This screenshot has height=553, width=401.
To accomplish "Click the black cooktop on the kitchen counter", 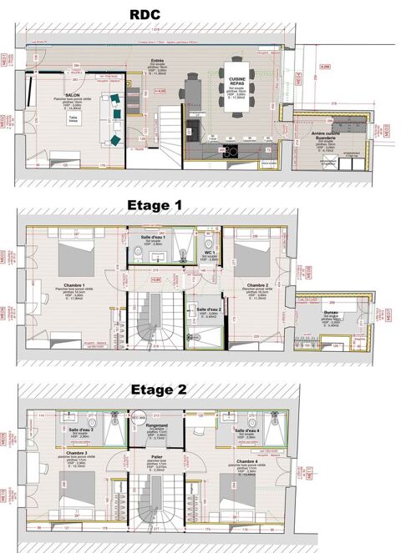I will [230, 151].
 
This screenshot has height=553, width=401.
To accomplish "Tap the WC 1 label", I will [209, 253].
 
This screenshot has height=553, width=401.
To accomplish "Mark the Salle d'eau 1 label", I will [153, 238].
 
